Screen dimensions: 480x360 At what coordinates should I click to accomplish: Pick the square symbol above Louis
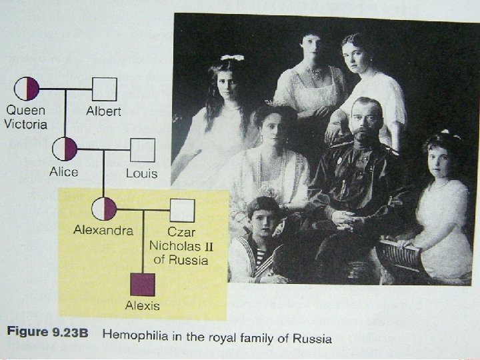click(142, 149)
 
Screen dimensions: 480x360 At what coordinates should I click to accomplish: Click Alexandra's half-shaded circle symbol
click(105, 209)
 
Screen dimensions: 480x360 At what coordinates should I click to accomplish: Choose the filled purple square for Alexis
click(143, 285)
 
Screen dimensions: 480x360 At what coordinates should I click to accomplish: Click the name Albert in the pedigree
click(103, 111)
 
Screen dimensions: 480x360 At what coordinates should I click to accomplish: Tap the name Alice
click(63, 172)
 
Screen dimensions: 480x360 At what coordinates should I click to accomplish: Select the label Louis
click(141, 173)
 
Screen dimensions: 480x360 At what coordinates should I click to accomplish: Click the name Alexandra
click(103, 231)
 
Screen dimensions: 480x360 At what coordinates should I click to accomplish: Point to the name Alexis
click(143, 307)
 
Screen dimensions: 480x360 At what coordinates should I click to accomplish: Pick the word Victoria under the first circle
click(26, 124)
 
